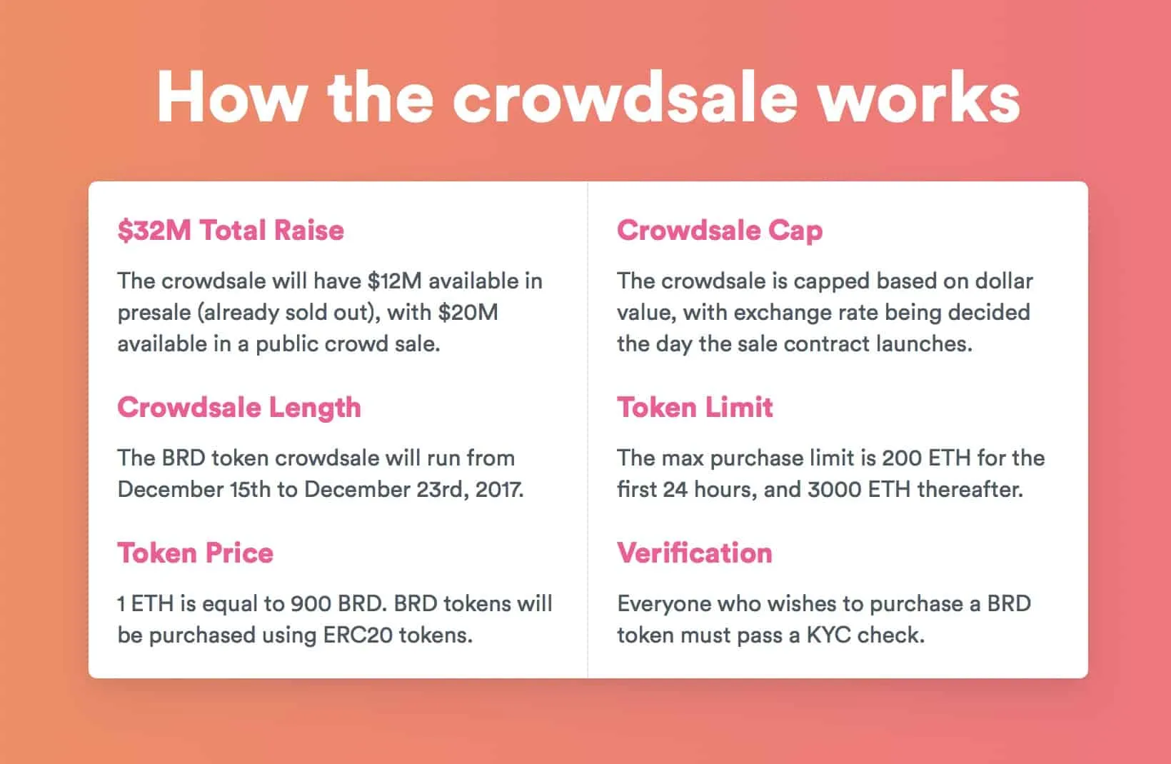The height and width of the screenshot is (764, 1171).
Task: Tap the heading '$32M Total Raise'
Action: click(x=231, y=230)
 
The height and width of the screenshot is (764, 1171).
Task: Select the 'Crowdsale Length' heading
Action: click(x=239, y=407)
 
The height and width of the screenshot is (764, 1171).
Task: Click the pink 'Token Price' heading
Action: click(x=196, y=553)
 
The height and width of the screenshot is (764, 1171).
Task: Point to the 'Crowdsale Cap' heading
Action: click(x=720, y=230)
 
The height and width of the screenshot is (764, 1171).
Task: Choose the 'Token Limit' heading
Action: click(x=695, y=407)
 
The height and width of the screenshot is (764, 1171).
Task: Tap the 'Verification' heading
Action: click(x=695, y=553)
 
